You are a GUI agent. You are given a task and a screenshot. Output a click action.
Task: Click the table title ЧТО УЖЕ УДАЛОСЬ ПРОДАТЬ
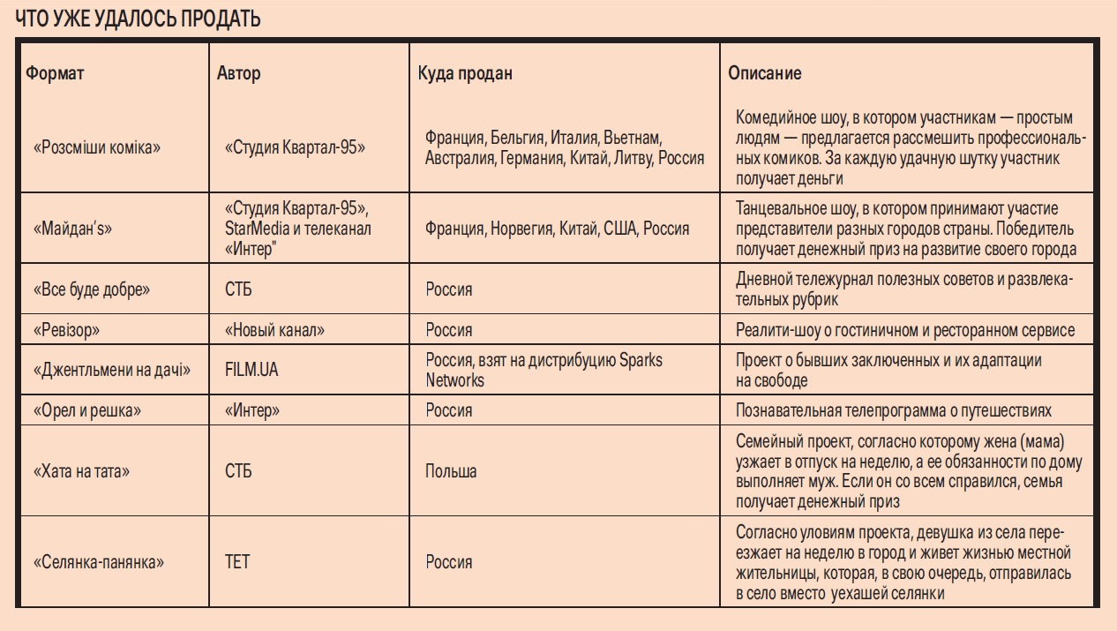(138, 19)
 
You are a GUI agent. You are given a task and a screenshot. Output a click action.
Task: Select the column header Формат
(55, 73)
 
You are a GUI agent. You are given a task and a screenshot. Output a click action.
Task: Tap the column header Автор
(238, 73)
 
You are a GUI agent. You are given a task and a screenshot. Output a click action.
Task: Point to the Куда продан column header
(465, 73)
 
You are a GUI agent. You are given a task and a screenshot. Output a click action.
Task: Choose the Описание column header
(764, 73)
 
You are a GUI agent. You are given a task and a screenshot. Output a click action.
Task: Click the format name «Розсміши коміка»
(97, 147)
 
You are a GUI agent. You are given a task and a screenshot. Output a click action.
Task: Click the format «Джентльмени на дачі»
(111, 370)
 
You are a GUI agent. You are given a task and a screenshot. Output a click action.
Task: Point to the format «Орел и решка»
(87, 410)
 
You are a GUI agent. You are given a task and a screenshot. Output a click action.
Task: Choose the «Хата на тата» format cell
(81, 471)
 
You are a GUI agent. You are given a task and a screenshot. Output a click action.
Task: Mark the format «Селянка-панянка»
(99, 562)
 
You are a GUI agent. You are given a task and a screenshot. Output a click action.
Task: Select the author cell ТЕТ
(237, 562)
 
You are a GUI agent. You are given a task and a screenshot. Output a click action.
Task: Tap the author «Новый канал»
(274, 330)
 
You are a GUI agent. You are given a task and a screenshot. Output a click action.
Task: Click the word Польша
(451, 471)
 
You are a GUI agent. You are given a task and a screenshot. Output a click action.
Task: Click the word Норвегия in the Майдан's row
(520, 229)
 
